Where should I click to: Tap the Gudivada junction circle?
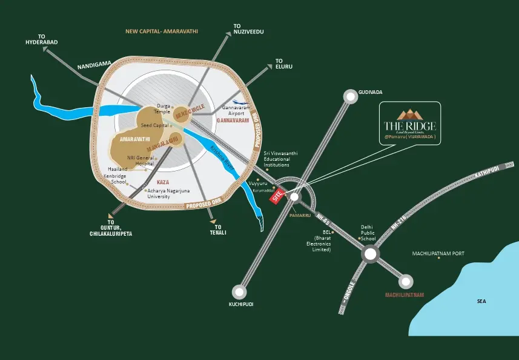(350, 96)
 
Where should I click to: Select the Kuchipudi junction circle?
(240, 293)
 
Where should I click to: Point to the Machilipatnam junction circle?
(405, 282)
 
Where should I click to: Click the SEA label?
(481, 301)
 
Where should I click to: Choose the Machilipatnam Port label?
(438, 253)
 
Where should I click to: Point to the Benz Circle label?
(190, 110)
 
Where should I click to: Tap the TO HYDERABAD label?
(41, 39)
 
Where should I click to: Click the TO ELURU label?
(283, 64)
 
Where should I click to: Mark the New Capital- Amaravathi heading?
(162, 31)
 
